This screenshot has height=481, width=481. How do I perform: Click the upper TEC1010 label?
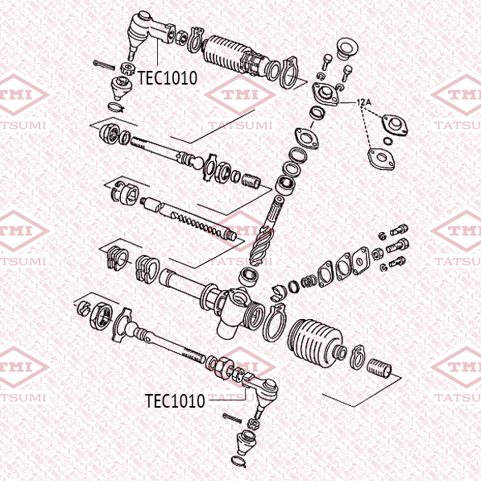pyautogui.click(x=168, y=78)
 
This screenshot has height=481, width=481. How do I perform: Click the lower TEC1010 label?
pyautogui.click(x=175, y=401)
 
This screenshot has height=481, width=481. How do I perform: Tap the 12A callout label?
pyautogui.click(x=364, y=102)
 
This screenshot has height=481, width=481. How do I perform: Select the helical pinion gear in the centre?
pyautogui.click(x=261, y=245)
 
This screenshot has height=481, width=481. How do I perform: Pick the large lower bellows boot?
pyautogui.click(x=315, y=342)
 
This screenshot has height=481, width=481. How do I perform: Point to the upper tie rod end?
pyautogui.click(x=151, y=33)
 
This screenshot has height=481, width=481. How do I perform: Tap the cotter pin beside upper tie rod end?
pyautogui.click(x=104, y=65)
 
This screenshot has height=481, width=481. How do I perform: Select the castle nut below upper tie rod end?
pyautogui.click(x=127, y=68)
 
